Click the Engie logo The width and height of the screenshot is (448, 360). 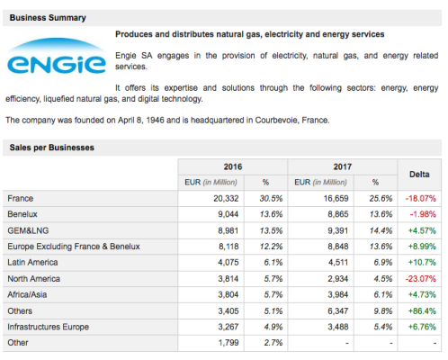coord(57,57)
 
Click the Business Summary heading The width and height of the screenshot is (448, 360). coord(48,18)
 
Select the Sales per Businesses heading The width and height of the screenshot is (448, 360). coord(51,148)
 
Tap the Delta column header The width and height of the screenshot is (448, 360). coord(419,175)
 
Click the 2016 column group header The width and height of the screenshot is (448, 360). coord(233,166)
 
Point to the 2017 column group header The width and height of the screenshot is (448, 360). coord(343,166)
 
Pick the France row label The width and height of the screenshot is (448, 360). coord(21,199)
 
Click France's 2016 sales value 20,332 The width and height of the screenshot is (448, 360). coord(226,199)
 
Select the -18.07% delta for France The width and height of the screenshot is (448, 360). coord(421,199)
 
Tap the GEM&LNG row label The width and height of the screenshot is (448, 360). coord(28,230)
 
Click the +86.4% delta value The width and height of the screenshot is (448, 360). coord(422,311)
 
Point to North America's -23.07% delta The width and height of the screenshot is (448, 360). coord(421,279)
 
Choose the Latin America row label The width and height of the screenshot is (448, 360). coord(32,263)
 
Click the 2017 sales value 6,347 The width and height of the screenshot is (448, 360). coord(338,311)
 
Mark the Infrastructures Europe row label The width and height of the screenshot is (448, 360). coord(49,327)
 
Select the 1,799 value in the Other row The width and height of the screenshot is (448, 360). coord(228,343)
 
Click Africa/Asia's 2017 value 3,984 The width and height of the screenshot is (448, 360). coord(338,294)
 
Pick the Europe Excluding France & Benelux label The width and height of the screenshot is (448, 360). coord(74,247)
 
